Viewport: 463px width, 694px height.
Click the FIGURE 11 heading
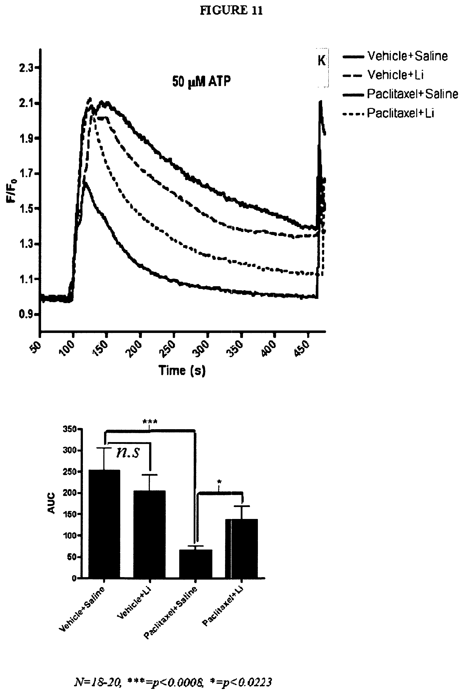click(x=231, y=11)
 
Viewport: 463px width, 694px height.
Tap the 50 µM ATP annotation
click(x=201, y=81)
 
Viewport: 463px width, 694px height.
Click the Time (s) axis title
click(x=182, y=370)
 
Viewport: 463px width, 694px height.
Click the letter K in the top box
click(x=322, y=61)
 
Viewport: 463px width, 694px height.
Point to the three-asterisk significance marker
click(x=150, y=422)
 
